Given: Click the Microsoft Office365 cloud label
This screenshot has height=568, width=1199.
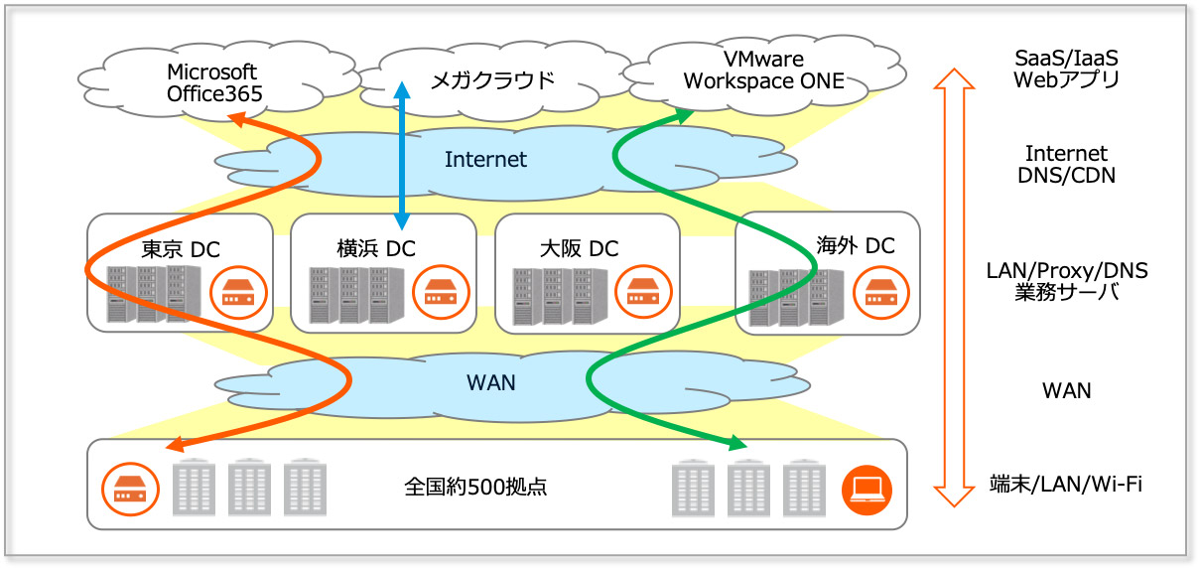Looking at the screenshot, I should [213, 83].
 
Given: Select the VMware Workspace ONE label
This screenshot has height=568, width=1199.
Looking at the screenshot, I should [763, 71].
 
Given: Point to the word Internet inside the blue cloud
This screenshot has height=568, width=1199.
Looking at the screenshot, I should [485, 159].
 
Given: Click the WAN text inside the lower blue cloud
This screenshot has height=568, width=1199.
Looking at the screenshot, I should [490, 381].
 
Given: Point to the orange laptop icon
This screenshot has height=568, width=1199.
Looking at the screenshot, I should [866, 488].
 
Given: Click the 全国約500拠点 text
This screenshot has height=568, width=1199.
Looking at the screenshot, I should [475, 488].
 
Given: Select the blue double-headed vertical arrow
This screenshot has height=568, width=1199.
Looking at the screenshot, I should [401, 154].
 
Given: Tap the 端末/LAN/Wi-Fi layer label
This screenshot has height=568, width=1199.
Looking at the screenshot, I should [1066, 484].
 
